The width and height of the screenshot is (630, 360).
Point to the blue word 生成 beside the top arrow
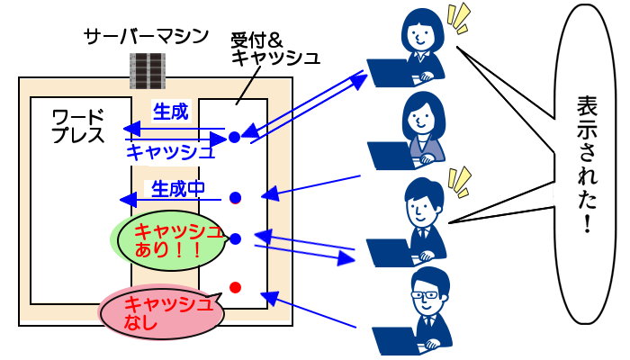[170, 112]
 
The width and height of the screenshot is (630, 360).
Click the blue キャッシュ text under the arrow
[171, 151]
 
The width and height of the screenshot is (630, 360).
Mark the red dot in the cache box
[235, 287]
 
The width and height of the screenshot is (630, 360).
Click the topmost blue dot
[234, 138]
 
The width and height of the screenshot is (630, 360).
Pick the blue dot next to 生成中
[235, 197]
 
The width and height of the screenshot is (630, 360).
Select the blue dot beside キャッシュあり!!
[235, 238]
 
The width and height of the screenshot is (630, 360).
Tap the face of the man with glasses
[429, 297]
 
